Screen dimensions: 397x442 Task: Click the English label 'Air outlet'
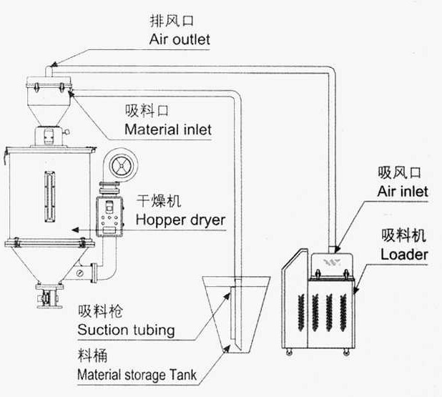pos(180,39)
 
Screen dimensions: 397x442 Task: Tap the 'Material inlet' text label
pos(168,130)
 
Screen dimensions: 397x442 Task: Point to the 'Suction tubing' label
pos(126,331)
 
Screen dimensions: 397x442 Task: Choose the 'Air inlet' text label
pos(403,191)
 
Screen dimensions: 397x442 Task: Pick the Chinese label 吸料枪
pos(100,312)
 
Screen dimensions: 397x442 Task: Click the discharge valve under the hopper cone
pos(47,295)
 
